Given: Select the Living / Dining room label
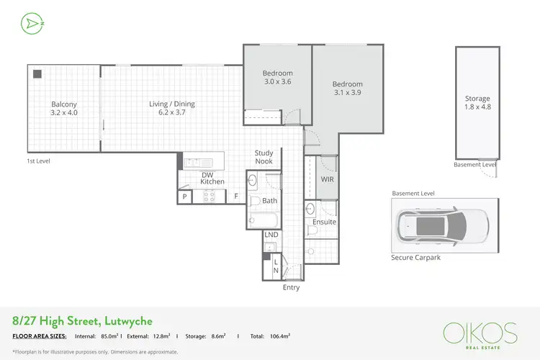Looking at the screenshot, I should pyautogui.click(x=172, y=108).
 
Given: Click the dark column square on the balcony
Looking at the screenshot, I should pyautogui.click(x=36, y=73).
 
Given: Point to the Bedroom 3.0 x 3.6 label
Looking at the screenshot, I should pyautogui.click(x=277, y=77).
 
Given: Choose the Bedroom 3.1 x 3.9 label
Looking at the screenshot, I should pyautogui.click(x=348, y=89).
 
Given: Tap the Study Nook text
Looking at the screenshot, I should pyautogui.click(x=264, y=157).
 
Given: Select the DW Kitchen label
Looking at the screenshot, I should pyautogui.click(x=212, y=178).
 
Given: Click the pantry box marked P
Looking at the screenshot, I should pyautogui.click(x=184, y=197).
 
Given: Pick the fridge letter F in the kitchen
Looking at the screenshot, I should pyautogui.click(x=235, y=197).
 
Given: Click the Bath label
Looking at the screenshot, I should pyautogui.click(x=270, y=201).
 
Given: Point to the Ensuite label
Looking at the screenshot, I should pyautogui.click(x=324, y=222).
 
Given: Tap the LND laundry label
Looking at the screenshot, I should pyautogui.click(x=271, y=235).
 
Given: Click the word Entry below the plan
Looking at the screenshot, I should pyautogui.click(x=291, y=287).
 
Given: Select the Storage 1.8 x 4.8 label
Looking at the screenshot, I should pyautogui.click(x=477, y=103).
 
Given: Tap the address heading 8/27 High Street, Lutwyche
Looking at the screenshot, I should pyautogui.click(x=82, y=320).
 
